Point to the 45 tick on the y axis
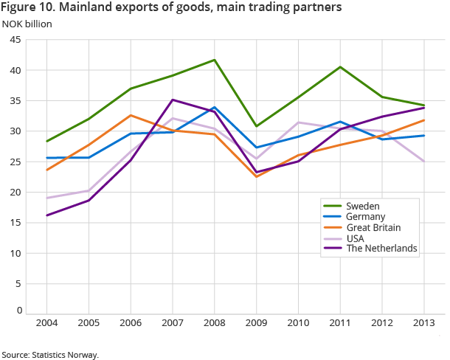(15, 40)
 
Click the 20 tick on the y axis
(15, 193)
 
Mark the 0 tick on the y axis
(18, 311)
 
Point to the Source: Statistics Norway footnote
(49, 354)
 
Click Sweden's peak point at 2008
(215, 60)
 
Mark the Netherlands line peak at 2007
(173, 100)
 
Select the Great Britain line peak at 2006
(131, 115)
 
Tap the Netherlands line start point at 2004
(47, 215)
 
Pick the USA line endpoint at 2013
(423, 161)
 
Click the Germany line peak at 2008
(215, 108)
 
